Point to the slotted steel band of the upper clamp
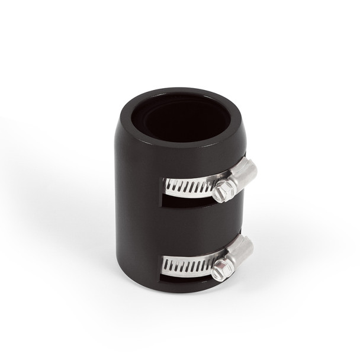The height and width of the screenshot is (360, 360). click(188, 185)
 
